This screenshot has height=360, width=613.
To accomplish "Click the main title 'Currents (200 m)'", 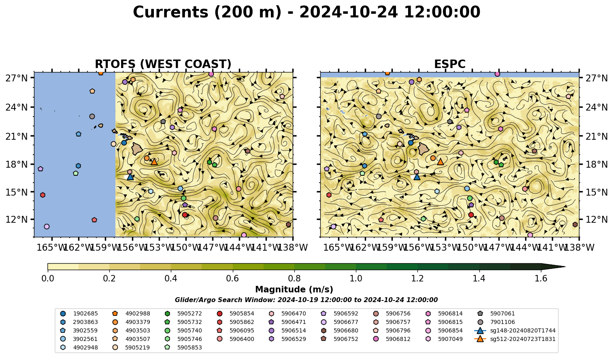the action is tap(207, 12).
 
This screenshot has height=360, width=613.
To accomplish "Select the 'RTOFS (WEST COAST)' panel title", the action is tap(163, 64).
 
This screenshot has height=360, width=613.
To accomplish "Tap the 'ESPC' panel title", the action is tap(450, 64).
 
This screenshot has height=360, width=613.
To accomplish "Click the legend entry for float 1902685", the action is tap(79, 314).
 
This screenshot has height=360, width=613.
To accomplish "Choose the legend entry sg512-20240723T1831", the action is tap(515, 339).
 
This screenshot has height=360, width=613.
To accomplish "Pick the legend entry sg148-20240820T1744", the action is tap(515, 331).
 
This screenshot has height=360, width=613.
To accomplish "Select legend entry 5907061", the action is tap(496, 314).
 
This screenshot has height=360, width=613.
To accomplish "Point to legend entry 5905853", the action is tap(183, 348).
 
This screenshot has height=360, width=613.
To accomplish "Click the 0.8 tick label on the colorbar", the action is tap(294, 279).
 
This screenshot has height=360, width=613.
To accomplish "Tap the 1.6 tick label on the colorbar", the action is tap(541, 279).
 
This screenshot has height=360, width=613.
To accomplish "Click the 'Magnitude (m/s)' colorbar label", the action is tap(294, 290).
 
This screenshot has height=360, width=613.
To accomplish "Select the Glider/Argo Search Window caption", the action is tap(306, 300).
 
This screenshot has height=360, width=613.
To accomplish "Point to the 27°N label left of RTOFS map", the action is tap(17, 78).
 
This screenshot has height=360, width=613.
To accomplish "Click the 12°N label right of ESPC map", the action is tap(596, 219).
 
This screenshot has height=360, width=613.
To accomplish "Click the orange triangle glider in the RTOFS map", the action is tap(154, 162).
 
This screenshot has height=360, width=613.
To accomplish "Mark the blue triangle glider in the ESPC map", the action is tap(417, 177).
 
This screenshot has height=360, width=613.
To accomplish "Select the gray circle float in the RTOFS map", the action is tap(92, 116).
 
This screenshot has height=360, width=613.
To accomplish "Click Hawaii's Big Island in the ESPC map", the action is tap(424, 149).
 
